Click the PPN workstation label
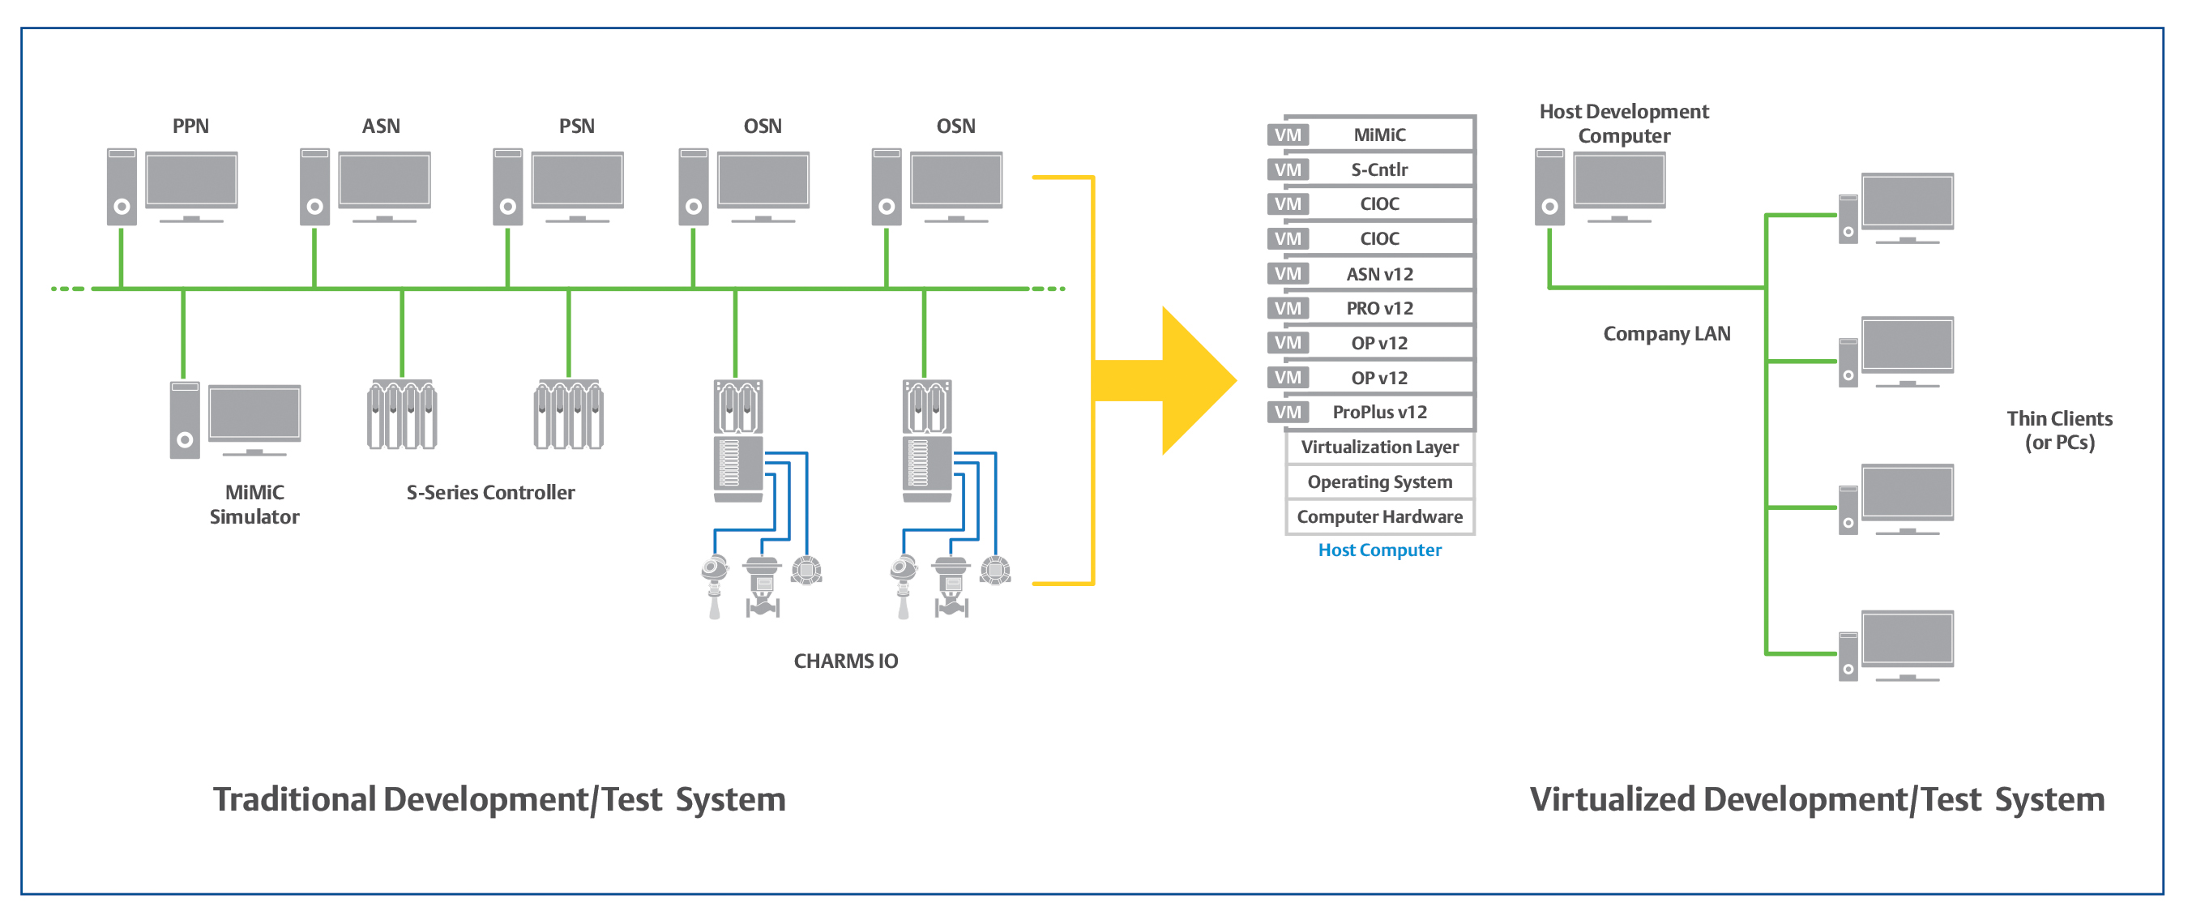[x=190, y=126]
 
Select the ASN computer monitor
[x=384, y=179]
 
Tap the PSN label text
[x=577, y=126]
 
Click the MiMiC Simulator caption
[x=254, y=504]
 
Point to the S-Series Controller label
[x=490, y=492]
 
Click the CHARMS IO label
[x=845, y=660]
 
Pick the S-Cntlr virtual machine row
[x=1378, y=169]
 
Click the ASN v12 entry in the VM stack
[x=1378, y=274]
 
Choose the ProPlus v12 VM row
[x=1378, y=412]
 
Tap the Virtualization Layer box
[x=1379, y=447]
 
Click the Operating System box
[x=1379, y=482]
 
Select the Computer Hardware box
[x=1379, y=516]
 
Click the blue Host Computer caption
[x=1379, y=550]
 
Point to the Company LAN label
[x=1665, y=333]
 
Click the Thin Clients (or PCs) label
[x=2059, y=430]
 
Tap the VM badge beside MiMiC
[x=1288, y=135]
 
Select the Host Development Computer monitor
[x=1619, y=179]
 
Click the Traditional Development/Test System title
[x=498, y=798]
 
